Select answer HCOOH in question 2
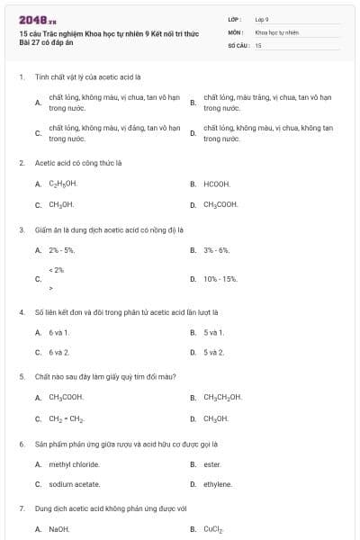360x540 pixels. click(x=217, y=184)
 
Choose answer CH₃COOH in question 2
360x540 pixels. click(x=220, y=204)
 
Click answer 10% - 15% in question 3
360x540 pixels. click(x=220, y=279)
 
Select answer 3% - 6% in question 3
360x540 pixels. click(x=217, y=249)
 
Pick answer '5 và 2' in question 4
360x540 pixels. click(x=213, y=352)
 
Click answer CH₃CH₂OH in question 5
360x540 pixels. click(x=222, y=397)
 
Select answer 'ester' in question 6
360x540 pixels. click(x=211, y=464)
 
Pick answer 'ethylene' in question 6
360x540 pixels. click(x=217, y=484)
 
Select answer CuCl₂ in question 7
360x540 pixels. click(x=212, y=529)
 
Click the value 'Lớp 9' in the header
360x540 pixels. click(x=262, y=18)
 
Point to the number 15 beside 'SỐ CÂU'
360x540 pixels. click(x=258, y=44)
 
